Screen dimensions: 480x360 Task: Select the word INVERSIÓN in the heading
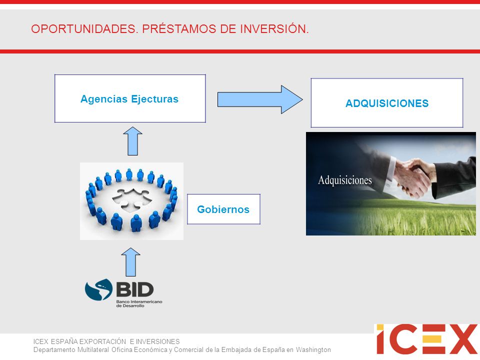pos(274,28)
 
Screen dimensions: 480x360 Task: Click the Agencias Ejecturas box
pos(130,98)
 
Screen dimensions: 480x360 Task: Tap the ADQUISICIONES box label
pos(387,103)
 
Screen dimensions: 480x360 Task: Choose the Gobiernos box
pos(224,209)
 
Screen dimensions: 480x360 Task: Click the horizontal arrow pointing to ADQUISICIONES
pos(260,99)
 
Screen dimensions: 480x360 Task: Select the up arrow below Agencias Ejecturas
pos(132,141)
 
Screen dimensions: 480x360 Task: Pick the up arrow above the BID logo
pos(130,262)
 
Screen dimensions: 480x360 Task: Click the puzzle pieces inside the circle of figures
pos(132,199)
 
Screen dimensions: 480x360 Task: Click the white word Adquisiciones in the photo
pos(345,180)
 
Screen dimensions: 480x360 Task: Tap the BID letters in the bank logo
pos(135,289)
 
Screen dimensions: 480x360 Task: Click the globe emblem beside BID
pos(99,289)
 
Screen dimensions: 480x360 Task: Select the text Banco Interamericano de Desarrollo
pos(139,303)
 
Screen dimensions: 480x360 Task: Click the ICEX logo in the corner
pos(426,339)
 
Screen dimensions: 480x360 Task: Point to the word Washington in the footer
pos(313,349)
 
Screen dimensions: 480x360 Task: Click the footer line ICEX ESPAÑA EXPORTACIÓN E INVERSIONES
pos(106,341)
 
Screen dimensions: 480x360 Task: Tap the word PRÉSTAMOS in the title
pos(179,29)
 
